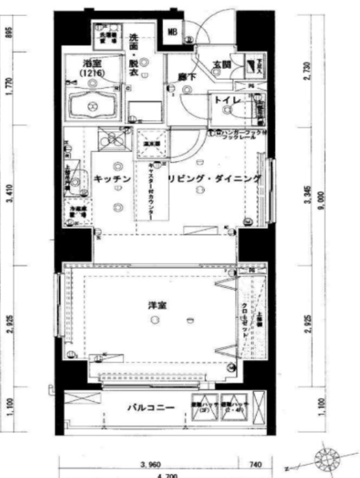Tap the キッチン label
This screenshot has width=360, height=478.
(108, 179)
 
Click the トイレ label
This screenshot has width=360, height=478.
(227, 101)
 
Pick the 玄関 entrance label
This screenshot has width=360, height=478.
(221, 65)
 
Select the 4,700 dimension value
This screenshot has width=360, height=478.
(166, 475)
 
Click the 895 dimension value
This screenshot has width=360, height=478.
(10, 34)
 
